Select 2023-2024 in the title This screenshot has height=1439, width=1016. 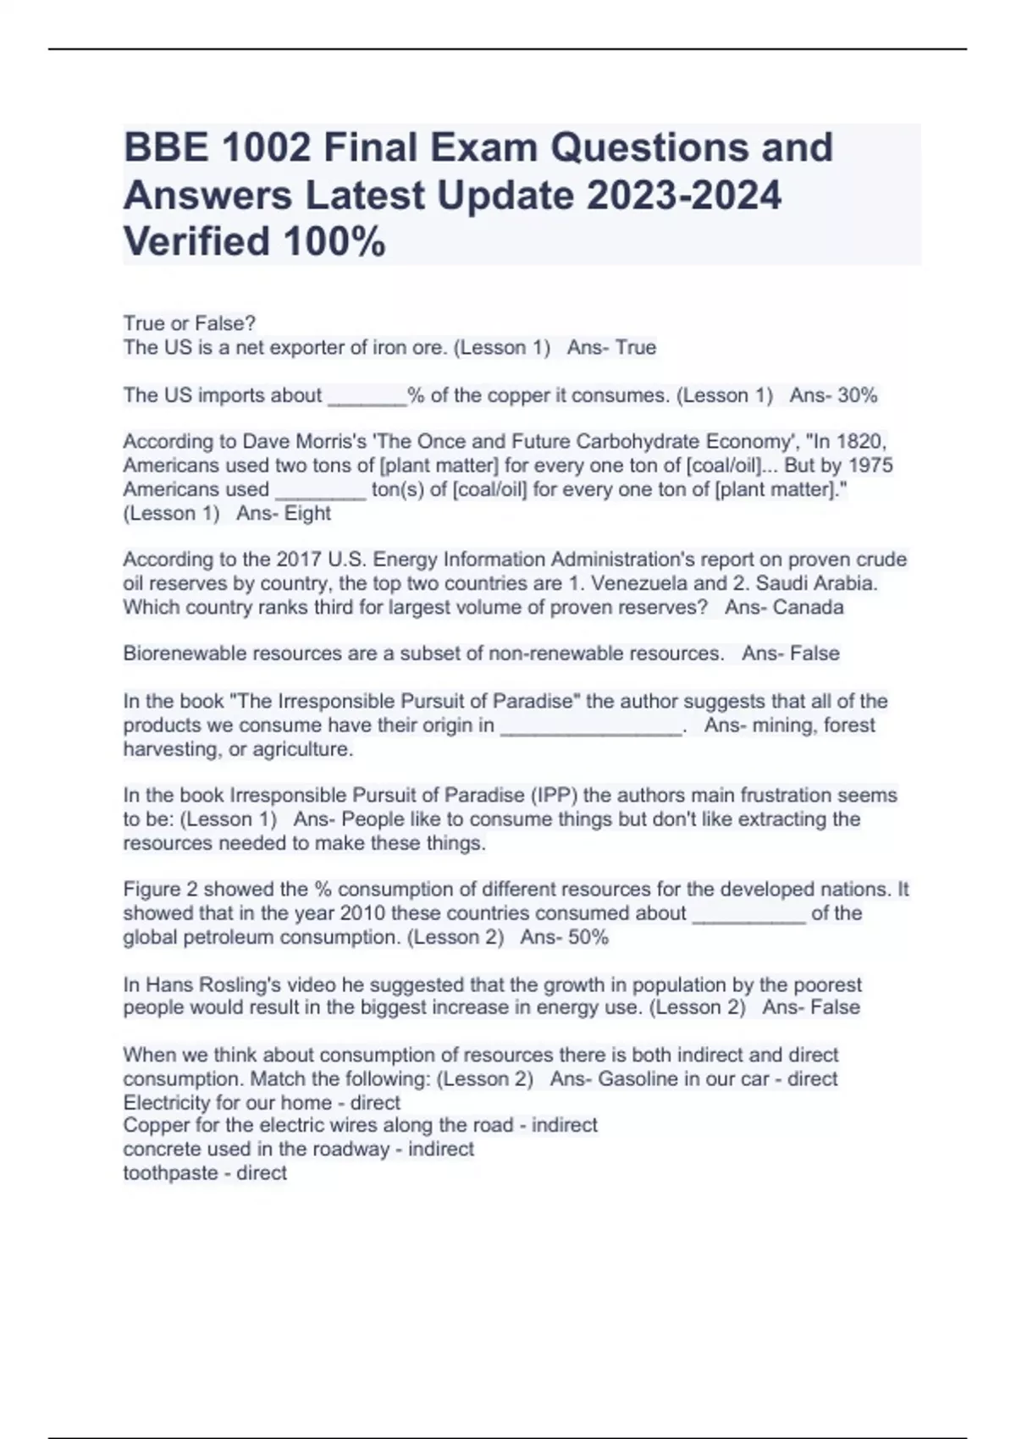tap(683, 196)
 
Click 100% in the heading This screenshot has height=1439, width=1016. tap(334, 242)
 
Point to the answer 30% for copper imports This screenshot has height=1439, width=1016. tap(857, 395)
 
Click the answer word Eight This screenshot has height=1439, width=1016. tap(308, 514)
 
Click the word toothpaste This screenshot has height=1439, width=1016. tap(170, 1173)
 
